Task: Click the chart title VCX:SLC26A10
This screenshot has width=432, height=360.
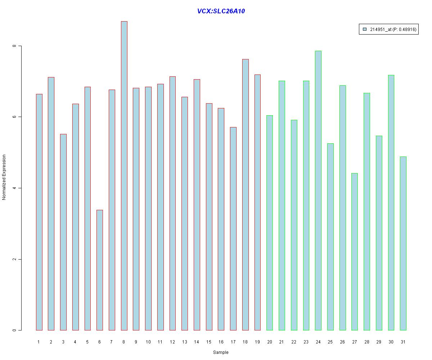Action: (221, 11)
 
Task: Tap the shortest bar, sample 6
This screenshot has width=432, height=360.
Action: (100, 270)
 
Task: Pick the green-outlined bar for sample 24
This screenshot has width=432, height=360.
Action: (318, 190)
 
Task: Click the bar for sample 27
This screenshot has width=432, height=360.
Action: (355, 252)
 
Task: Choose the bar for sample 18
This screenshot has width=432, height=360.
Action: (246, 194)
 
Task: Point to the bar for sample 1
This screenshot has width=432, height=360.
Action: (39, 212)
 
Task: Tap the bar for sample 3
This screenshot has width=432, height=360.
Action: (63, 232)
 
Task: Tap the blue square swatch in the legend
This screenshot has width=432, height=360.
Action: (365, 30)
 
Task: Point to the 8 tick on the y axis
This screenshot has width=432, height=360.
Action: (15, 46)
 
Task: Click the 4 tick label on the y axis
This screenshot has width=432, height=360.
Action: (15, 188)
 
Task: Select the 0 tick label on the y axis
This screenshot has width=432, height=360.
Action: (15, 330)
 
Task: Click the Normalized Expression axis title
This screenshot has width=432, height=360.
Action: (4, 177)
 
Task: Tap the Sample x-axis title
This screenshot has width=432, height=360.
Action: (221, 352)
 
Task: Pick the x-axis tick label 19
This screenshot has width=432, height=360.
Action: (257, 342)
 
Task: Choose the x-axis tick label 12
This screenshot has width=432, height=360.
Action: (172, 342)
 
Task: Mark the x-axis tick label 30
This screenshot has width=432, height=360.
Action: (391, 342)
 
